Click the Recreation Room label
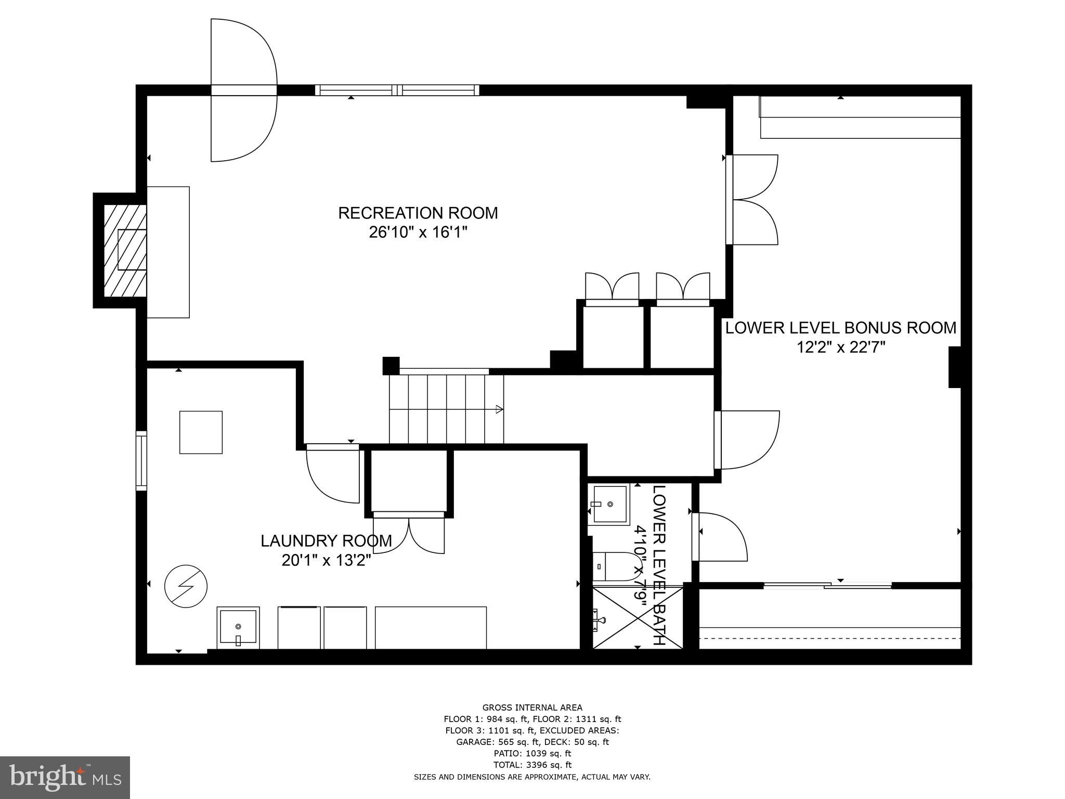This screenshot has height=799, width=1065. click(418, 213)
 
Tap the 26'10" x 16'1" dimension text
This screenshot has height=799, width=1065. click(418, 233)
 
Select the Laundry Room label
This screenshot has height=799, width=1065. click(326, 541)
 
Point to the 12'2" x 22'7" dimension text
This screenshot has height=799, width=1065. click(841, 347)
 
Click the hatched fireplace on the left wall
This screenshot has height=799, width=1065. click(125, 250)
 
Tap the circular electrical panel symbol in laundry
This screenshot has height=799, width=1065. click(186, 586)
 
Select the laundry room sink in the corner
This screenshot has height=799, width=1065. click(238, 627)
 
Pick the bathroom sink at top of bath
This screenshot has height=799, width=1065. click(608, 504)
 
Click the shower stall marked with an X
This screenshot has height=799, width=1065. click(637, 617)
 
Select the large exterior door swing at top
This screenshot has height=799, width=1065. click(243, 91)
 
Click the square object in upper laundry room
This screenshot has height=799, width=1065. click(201, 432)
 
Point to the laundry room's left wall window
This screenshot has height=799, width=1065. click(141, 460)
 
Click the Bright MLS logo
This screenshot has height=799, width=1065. click(65, 777)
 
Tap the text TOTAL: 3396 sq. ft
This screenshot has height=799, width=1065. click(532, 765)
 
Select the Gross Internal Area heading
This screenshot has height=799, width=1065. click(532, 707)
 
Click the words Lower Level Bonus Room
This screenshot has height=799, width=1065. click(841, 328)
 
